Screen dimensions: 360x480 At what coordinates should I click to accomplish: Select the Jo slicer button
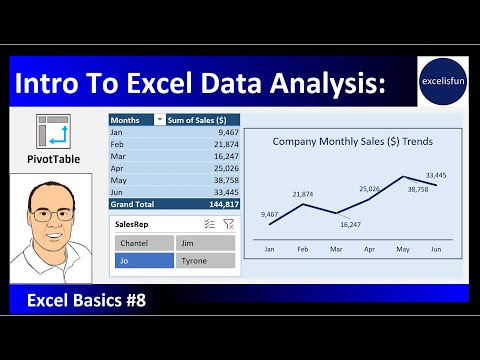(x=143, y=260)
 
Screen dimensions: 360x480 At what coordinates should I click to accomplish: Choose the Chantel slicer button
(x=143, y=242)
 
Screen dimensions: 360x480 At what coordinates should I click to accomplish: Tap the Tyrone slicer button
(x=205, y=260)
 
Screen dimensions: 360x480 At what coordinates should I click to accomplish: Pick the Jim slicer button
(x=205, y=242)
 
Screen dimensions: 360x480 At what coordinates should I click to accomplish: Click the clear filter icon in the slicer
(x=229, y=225)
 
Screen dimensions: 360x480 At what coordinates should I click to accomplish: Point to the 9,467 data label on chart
(x=269, y=214)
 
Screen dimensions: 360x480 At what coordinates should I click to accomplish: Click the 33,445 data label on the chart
(x=435, y=175)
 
